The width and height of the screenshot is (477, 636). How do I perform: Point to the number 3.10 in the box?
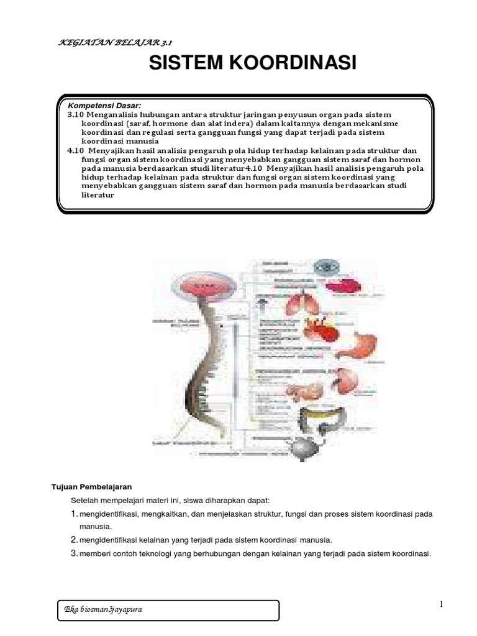point(75,115)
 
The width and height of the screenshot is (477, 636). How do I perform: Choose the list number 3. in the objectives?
point(73,553)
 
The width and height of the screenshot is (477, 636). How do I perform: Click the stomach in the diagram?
point(369,342)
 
